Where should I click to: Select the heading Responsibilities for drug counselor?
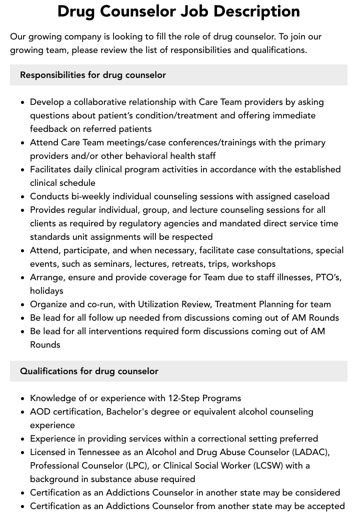[x=93, y=75]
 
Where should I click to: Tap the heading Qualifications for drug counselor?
[x=89, y=371]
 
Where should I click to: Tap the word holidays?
[x=46, y=291]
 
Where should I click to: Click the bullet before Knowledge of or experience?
[x=23, y=399]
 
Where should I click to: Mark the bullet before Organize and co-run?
[x=23, y=305]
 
